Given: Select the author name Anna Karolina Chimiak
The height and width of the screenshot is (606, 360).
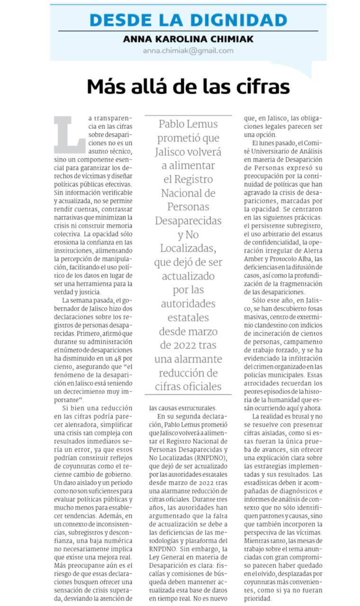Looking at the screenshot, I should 188,39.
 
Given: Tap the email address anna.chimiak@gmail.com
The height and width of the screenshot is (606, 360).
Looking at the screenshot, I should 188,51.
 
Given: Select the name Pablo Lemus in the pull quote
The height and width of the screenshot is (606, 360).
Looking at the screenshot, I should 188,124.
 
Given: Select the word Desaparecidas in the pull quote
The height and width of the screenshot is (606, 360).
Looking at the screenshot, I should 188,221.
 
